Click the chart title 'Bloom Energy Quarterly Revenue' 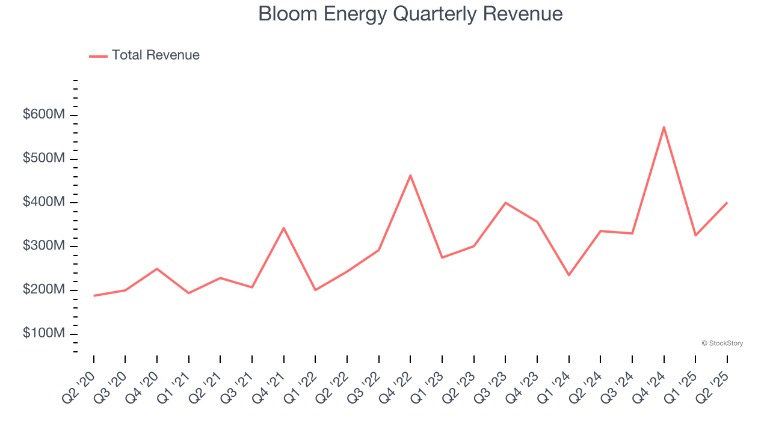click(410, 14)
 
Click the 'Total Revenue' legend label click(155, 55)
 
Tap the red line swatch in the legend click(98, 56)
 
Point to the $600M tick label click(43, 114)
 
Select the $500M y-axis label click(43, 158)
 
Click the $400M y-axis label click(43, 202)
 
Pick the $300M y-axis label click(43, 246)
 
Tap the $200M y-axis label click(43, 290)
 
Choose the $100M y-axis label click(43, 334)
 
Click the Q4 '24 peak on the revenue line click(664, 127)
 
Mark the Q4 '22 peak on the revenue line click(410, 175)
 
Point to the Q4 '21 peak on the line click(283, 228)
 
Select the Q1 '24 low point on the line click(568, 275)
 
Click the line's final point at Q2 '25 click(727, 203)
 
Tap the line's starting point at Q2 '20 click(94, 295)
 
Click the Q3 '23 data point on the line click(505, 203)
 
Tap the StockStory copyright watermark click(722, 343)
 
